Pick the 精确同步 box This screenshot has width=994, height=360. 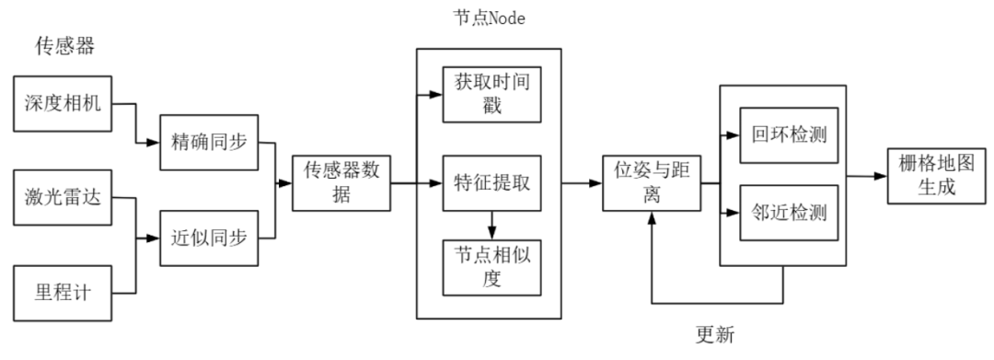tap(208, 143)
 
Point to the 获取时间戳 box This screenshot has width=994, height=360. tap(490, 93)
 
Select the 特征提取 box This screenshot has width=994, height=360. tap(490, 182)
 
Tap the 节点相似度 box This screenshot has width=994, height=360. tap(490, 267)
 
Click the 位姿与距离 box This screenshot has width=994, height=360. tap(652, 181)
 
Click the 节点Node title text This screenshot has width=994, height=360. tap(488, 18)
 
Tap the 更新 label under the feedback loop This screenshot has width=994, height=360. tap(716, 331)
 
